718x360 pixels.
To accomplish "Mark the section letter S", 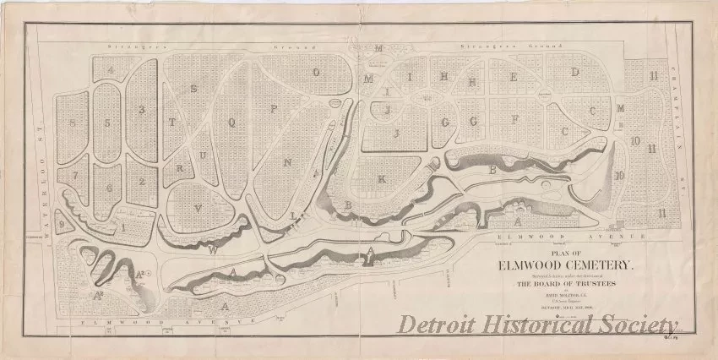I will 193,88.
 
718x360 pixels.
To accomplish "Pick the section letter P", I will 273,108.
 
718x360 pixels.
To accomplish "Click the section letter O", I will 316,73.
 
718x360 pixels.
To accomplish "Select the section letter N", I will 287,161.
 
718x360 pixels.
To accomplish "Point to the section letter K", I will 381,179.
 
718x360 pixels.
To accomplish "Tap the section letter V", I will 198,205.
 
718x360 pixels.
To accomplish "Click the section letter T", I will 171,123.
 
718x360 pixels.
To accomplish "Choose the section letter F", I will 514,118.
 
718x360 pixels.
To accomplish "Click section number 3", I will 142,109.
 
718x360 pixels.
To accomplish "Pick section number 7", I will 74,176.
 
